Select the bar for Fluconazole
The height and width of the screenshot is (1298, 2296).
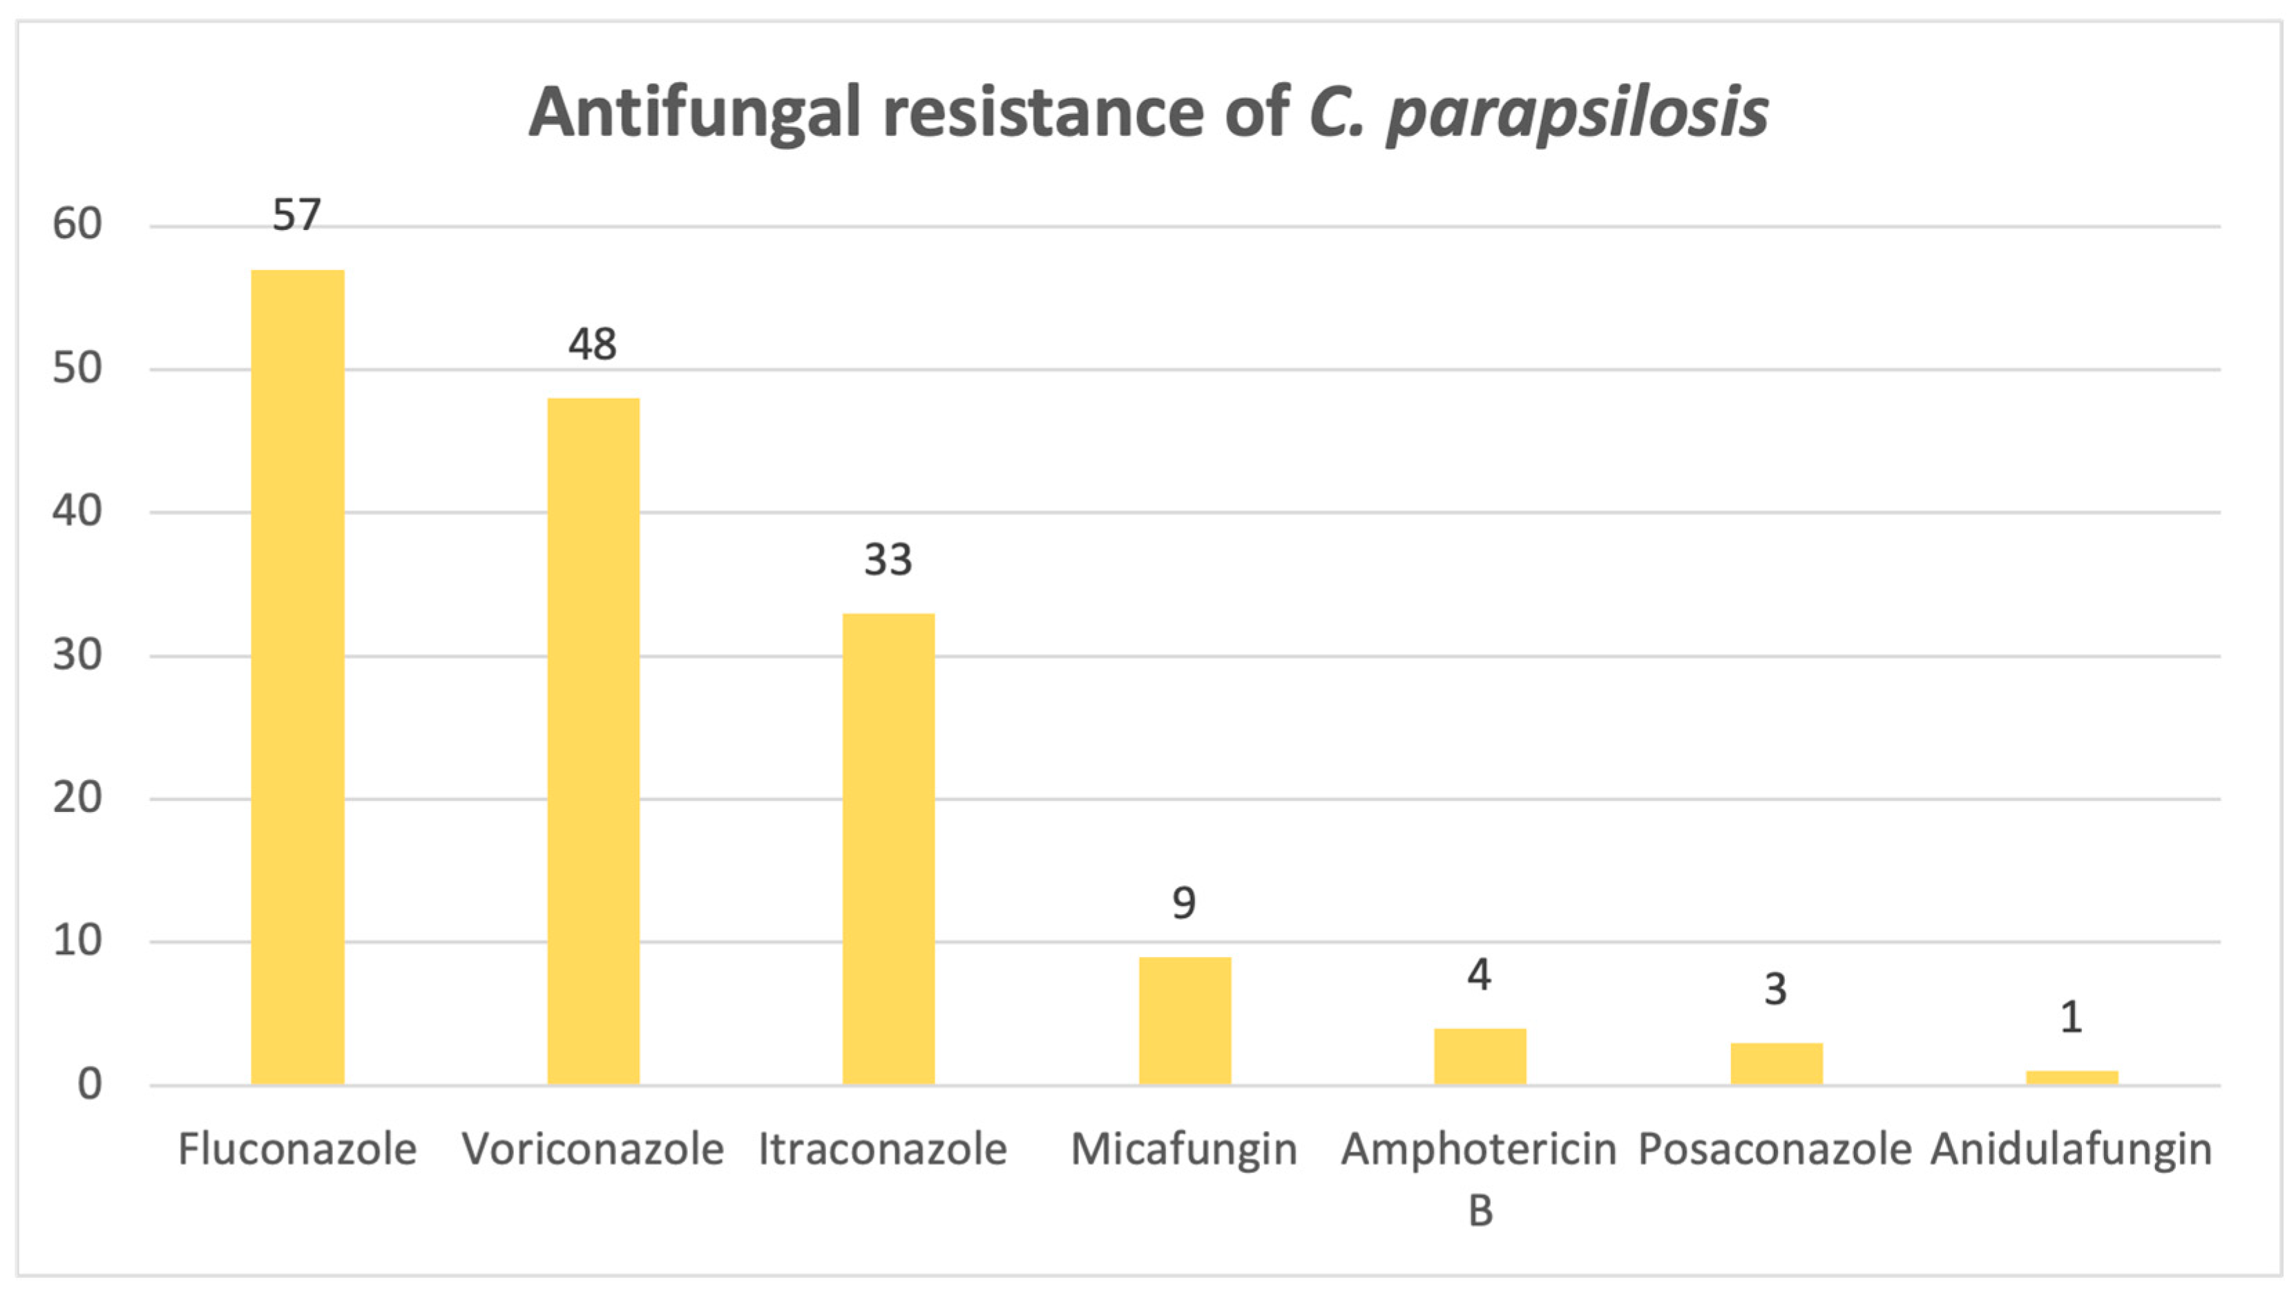(297, 677)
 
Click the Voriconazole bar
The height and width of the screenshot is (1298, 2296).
(593, 742)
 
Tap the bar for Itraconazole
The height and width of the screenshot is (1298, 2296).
(888, 849)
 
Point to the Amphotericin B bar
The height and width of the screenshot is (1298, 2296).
(1480, 1056)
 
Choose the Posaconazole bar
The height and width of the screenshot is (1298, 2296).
(1776, 1063)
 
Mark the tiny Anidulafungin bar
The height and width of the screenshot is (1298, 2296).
(2072, 1077)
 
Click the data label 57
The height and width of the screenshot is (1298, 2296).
(296, 215)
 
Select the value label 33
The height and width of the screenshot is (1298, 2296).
(888, 560)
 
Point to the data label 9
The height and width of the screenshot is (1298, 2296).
(1183, 903)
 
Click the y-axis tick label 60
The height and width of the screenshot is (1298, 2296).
(77, 224)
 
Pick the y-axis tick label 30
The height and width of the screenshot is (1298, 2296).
(77, 655)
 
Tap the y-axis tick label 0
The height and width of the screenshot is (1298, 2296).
(89, 1085)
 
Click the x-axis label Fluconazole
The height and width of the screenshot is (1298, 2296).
(297, 1149)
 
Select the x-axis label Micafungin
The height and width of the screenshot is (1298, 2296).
(1183, 1149)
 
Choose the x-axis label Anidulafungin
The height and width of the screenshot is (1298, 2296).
(2072, 1149)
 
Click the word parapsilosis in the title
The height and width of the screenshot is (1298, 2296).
(1576, 114)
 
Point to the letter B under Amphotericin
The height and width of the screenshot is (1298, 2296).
(1480, 1210)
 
